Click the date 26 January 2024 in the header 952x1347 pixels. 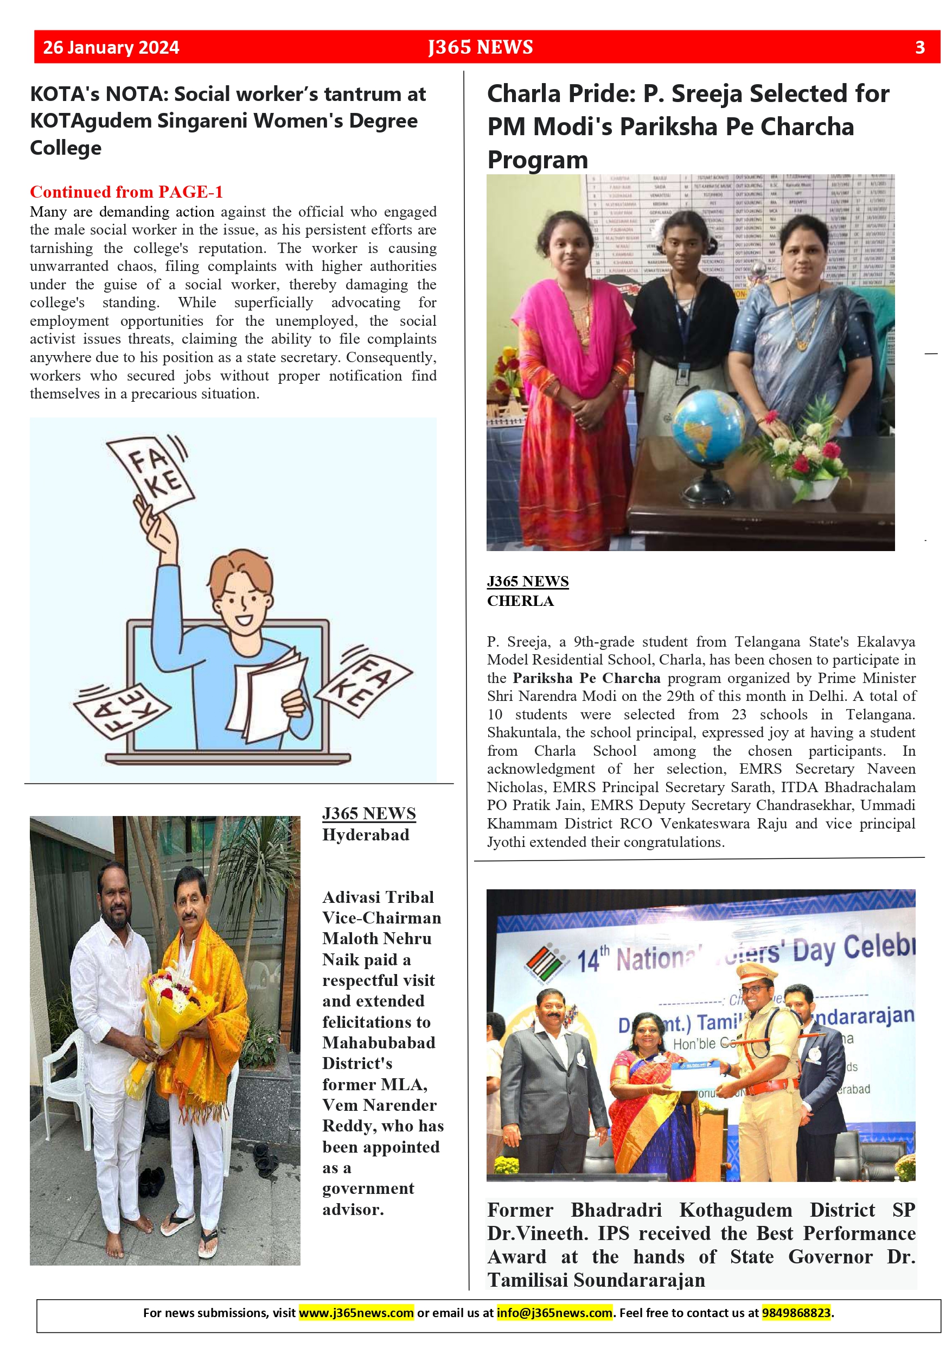111,48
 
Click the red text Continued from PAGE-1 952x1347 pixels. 126,192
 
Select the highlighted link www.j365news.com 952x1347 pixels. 356,1312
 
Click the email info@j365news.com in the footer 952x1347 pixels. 554,1312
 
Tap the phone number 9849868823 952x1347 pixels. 795,1312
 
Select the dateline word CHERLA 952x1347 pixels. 520,601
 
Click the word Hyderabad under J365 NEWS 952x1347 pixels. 365,834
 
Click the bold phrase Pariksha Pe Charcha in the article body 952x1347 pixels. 586,678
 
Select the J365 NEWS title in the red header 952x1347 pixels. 480,48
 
